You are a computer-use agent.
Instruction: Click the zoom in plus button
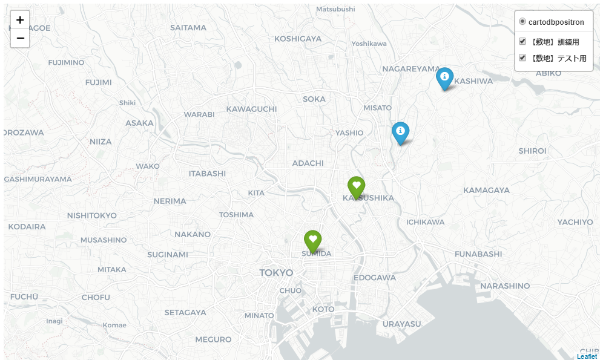click(20, 20)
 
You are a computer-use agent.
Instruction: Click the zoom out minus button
click(20, 38)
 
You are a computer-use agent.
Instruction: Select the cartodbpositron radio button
click(522, 22)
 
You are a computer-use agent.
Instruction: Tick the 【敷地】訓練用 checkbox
click(522, 42)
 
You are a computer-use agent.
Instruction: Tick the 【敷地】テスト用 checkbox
click(522, 58)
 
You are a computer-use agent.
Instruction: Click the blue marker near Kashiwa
click(445, 77)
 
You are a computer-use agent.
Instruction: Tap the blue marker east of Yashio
click(400, 132)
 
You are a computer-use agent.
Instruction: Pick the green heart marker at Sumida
click(312, 241)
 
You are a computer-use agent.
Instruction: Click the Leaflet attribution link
click(587, 356)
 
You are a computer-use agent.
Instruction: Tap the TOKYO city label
click(276, 273)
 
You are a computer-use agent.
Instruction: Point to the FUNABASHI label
click(478, 254)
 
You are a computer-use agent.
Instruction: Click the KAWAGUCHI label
click(251, 109)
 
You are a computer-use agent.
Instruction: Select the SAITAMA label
click(188, 27)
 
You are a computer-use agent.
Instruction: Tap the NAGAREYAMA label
click(411, 69)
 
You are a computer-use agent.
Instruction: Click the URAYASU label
click(402, 324)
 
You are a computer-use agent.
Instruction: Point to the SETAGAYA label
click(185, 312)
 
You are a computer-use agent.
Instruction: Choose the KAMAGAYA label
click(486, 190)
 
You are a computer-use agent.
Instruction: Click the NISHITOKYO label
click(91, 215)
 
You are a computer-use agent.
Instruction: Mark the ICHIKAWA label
click(426, 222)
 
